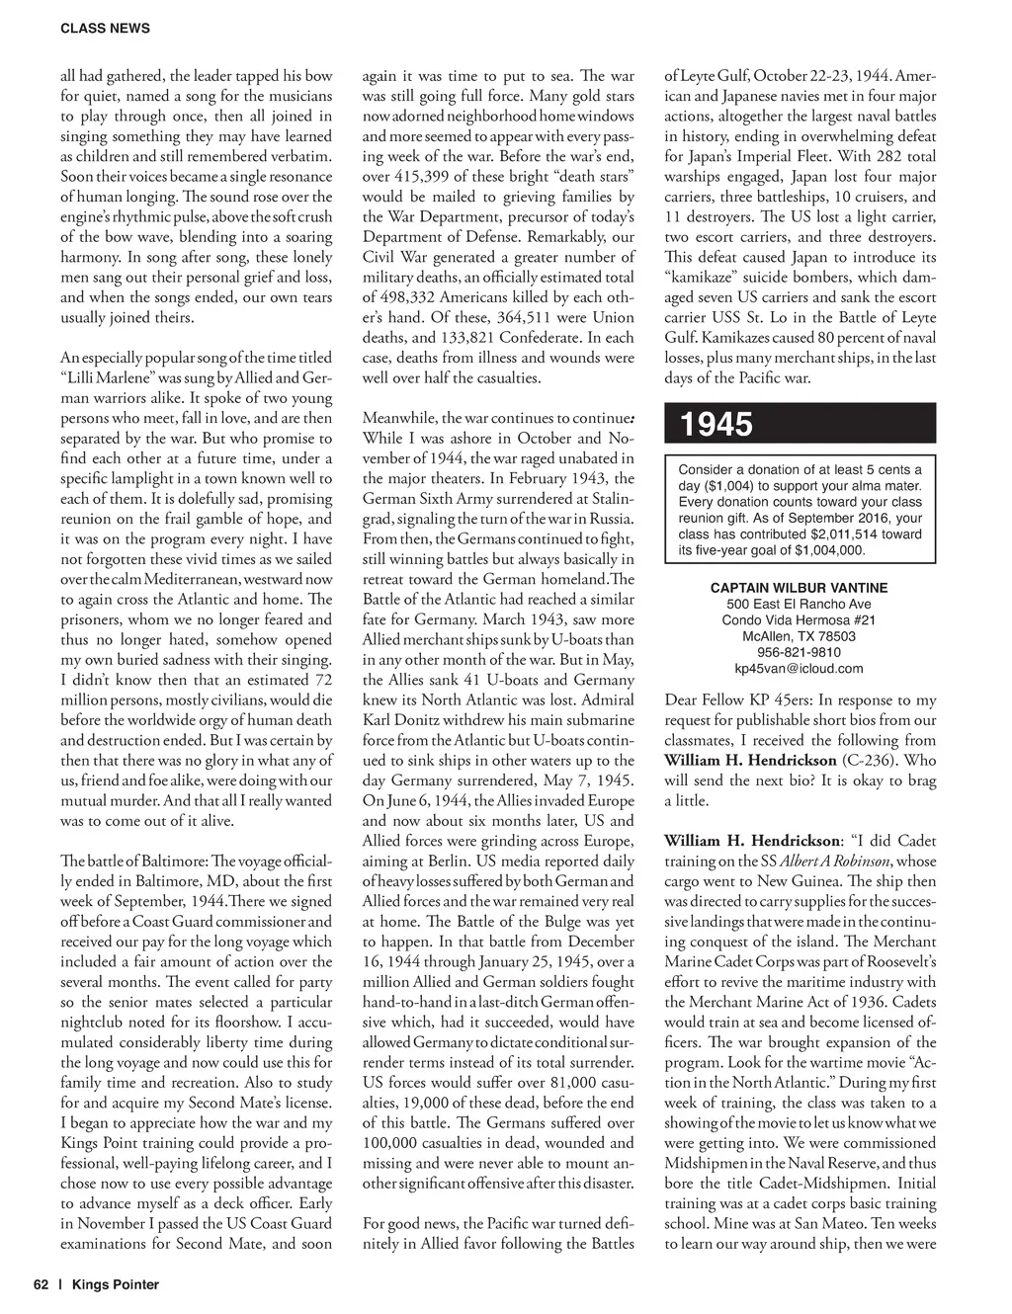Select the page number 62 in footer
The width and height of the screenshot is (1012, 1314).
(41, 1284)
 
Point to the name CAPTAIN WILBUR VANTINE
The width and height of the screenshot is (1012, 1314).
(799, 588)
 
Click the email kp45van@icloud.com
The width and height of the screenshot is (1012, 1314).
(799, 668)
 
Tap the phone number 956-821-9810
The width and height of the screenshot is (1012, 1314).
(799, 652)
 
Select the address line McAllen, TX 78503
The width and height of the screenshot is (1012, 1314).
(799, 636)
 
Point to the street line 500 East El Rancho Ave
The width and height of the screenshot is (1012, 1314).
(799, 604)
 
